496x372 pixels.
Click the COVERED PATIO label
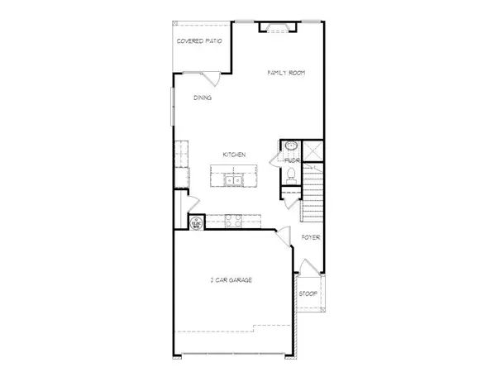coord(198,40)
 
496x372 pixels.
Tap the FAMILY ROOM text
coord(286,74)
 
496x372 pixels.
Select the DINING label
coord(203,98)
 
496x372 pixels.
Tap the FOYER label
coord(311,238)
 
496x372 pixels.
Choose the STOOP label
coord(308,293)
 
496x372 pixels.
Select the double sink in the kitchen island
coord(235,179)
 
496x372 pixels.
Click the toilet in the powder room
coord(291,174)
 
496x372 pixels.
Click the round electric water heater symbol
coord(198,222)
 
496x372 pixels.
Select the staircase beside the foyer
coord(312,194)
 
